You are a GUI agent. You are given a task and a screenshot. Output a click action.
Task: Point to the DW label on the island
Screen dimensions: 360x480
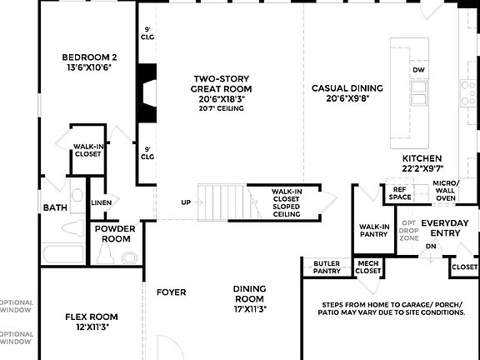click(x=418, y=70)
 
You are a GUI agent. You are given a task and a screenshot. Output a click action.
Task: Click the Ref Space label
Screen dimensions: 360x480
click(x=399, y=193)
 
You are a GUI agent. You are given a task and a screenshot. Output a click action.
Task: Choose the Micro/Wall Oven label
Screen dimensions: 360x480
click(x=445, y=190)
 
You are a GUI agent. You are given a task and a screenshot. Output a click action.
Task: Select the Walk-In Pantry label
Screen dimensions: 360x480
click(x=374, y=230)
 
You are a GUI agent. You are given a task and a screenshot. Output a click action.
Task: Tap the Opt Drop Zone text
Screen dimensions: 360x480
click(x=408, y=230)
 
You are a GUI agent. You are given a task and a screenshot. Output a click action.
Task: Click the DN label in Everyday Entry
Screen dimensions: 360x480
click(x=431, y=247)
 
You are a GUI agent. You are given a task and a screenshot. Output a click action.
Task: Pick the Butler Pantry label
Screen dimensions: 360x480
click(x=326, y=267)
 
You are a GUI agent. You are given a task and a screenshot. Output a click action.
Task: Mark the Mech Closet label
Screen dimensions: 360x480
click(x=367, y=267)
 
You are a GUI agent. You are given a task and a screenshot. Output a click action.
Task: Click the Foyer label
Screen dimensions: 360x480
click(x=171, y=292)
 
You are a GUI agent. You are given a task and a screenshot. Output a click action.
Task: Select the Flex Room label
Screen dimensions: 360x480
click(x=92, y=322)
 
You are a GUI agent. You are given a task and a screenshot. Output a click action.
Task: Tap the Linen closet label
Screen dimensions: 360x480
click(x=101, y=202)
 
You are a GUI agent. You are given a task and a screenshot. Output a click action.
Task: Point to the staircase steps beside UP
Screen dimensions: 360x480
click(x=223, y=202)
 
